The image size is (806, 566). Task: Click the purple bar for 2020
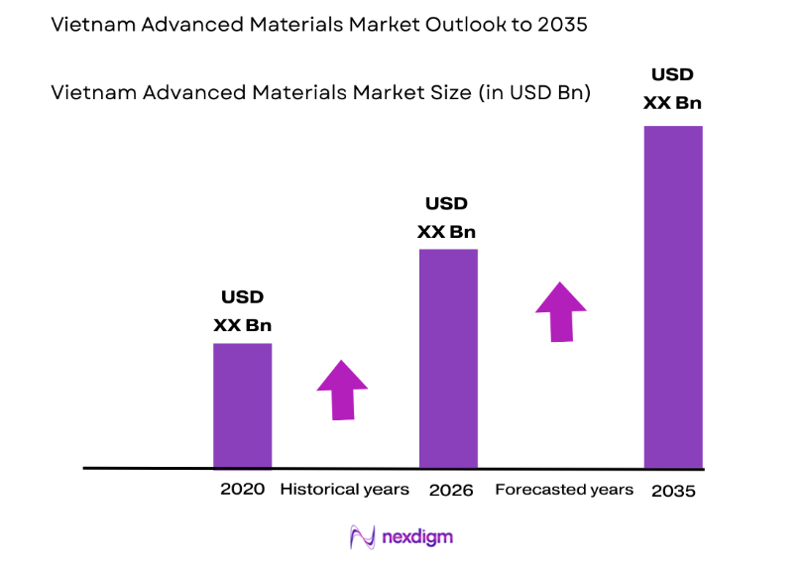click(242, 404)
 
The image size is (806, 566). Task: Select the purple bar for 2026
click(448, 358)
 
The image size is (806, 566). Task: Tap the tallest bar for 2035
click(673, 296)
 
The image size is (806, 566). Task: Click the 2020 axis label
click(242, 490)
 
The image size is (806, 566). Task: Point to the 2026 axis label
click(451, 490)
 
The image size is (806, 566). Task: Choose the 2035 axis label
click(675, 491)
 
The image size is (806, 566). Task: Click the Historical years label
click(344, 490)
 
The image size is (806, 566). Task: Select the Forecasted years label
click(563, 490)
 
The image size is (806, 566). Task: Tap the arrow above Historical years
click(342, 390)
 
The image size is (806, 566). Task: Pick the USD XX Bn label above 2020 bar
click(242, 311)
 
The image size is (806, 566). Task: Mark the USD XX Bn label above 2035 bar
click(672, 88)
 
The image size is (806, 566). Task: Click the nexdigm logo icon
click(362, 537)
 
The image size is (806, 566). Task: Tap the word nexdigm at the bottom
click(416, 538)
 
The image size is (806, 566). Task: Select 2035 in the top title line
click(561, 26)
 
